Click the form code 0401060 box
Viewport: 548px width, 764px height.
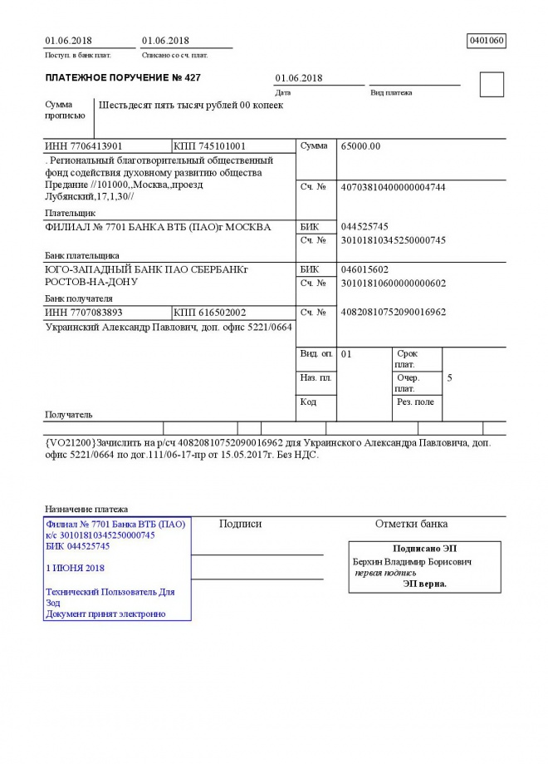(x=487, y=40)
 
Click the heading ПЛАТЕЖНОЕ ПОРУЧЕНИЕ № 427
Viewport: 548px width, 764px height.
(x=123, y=78)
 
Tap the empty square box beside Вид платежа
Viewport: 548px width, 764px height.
(x=492, y=85)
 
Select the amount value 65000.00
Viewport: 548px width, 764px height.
(x=361, y=146)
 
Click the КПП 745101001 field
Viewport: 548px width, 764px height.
(x=210, y=146)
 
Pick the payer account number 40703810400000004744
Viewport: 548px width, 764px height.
(x=394, y=187)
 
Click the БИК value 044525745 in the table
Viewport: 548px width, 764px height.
(x=365, y=227)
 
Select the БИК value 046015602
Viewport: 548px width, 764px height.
(x=365, y=269)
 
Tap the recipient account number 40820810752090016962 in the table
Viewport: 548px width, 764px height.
(x=394, y=313)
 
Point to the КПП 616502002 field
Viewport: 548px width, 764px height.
(x=210, y=313)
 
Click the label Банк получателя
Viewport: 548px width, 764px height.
(x=78, y=298)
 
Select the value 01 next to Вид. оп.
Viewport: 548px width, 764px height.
(x=347, y=354)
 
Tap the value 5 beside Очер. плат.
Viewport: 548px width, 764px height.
(x=450, y=378)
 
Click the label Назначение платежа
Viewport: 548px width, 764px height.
(x=86, y=509)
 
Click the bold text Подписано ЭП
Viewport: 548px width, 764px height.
(x=424, y=549)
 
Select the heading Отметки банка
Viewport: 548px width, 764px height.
(x=411, y=524)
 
